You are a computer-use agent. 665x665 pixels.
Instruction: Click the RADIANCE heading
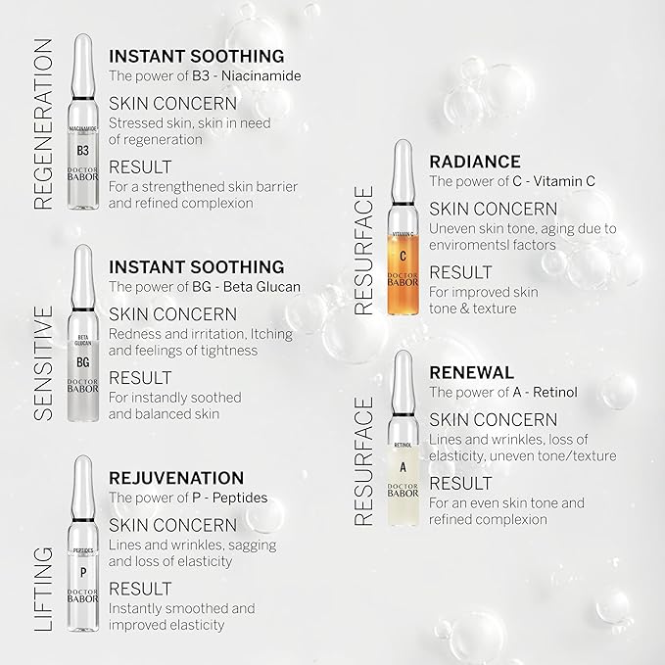coord(475,162)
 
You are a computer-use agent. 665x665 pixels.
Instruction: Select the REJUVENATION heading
coord(175,478)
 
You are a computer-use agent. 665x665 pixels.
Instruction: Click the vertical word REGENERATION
coord(43,124)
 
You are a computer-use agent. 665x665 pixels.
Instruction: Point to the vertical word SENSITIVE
coord(43,362)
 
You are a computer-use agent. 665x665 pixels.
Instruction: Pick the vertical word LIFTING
coord(43,591)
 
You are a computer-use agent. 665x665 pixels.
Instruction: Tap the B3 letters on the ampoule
coord(82,150)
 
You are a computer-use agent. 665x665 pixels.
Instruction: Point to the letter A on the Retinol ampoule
coord(403,466)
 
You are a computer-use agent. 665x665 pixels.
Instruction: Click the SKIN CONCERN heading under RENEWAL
coord(494,419)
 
